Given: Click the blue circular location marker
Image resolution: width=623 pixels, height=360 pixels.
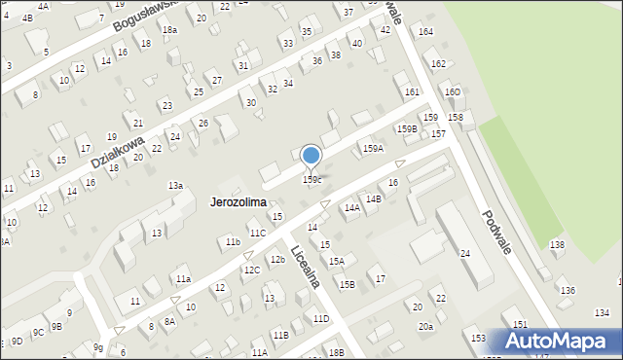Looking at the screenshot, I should (311, 156).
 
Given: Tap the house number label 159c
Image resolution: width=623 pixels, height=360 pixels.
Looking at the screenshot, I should (311, 179).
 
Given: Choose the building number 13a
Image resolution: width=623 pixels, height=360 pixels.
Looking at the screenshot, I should (175, 185).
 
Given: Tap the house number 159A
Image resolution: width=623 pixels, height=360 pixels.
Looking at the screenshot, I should (373, 148).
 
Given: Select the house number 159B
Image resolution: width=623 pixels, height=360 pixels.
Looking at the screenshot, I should (407, 128).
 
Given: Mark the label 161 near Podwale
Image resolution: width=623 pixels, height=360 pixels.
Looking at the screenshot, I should (413, 91).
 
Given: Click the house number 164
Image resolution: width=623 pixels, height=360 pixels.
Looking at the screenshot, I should (425, 32).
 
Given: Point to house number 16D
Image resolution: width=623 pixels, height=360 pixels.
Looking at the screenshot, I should (453, 91).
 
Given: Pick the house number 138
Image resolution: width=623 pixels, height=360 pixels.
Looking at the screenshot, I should (557, 245).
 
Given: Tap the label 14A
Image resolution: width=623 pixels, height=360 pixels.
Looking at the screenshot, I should (351, 207).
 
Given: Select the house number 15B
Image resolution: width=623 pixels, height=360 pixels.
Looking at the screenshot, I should (347, 284).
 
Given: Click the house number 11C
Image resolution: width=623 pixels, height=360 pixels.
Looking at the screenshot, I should (257, 234).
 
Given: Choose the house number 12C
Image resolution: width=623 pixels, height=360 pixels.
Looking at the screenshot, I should (251, 270).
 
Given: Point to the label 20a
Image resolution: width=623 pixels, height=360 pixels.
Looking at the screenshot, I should (425, 326).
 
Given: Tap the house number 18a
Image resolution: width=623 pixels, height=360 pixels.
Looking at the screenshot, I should (170, 30).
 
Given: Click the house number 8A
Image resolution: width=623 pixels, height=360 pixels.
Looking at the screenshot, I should (169, 321).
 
